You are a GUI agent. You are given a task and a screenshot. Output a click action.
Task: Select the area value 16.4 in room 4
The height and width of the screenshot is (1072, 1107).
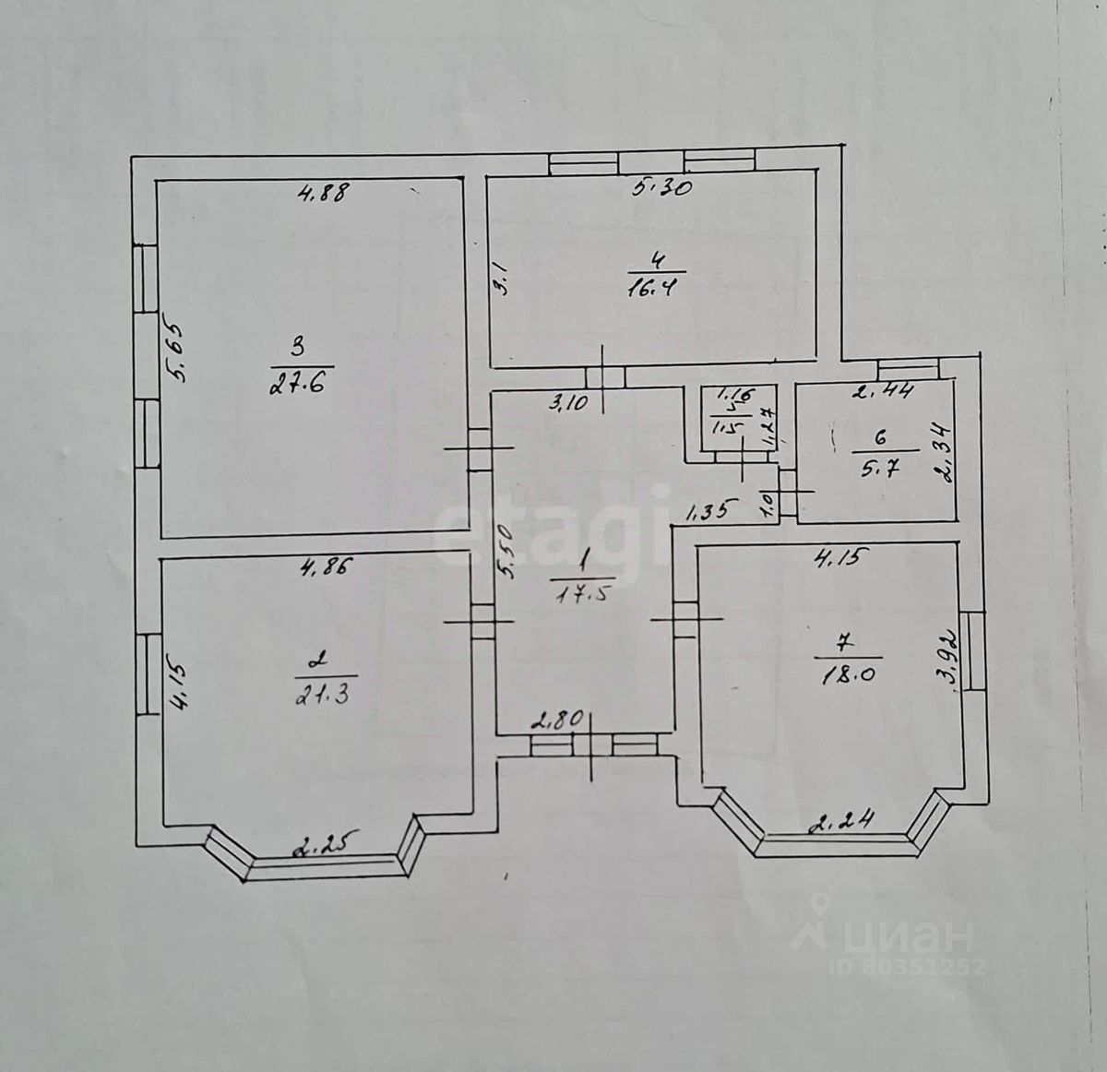point(658,286)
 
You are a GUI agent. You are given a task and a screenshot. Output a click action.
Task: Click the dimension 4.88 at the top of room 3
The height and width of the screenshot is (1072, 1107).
point(324,194)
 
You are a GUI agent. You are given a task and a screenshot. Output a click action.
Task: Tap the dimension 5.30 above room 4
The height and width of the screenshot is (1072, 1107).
point(662,188)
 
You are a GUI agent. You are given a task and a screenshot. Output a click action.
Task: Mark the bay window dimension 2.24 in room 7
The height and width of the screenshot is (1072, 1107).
point(839,820)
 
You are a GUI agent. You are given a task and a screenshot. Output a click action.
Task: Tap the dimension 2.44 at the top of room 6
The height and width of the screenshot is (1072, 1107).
point(883,391)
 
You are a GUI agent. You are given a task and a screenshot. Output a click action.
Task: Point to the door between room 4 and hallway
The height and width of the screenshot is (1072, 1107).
point(605,377)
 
